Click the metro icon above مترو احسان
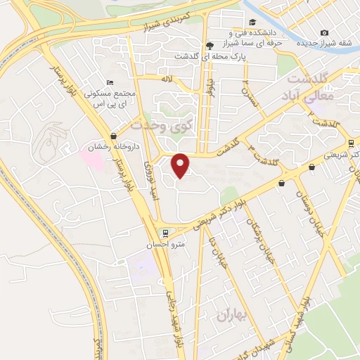click(x=165, y=233)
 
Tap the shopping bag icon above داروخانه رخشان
click(x=113, y=136)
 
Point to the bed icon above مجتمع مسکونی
click(x=108, y=82)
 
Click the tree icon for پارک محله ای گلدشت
click(x=209, y=45)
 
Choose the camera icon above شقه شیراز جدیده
click(x=324, y=32)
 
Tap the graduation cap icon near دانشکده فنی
click(x=233, y=32)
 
